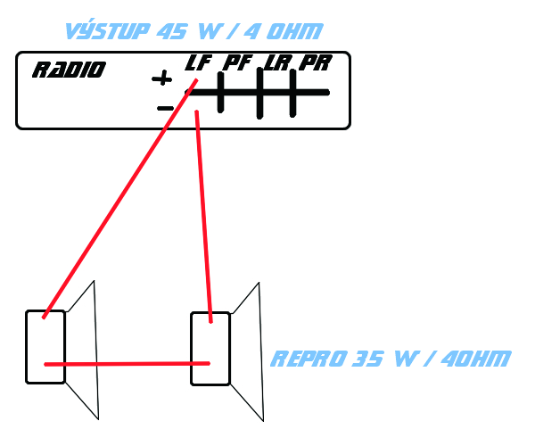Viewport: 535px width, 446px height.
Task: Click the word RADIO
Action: tap(69, 70)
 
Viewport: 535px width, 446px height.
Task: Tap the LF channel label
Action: tap(198, 63)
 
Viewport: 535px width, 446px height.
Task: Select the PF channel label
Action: tap(237, 63)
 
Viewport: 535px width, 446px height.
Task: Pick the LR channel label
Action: tap(278, 63)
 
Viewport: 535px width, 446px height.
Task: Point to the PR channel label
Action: tap(315, 63)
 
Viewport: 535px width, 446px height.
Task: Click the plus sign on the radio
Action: tap(161, 78)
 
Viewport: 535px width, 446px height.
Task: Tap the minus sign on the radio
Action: tap(165, 109)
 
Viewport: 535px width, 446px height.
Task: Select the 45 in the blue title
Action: tap(171, 31)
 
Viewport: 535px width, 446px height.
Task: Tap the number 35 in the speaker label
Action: tap(368, 359)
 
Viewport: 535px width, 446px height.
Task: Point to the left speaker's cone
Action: tap(82, 352)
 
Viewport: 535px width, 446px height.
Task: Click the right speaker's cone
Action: tap(246, 352)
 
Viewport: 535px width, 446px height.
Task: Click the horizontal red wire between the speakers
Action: tap(125, 364)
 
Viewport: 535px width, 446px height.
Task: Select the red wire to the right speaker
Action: tap(204, 214)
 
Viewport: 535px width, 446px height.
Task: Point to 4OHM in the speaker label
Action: tap(473, 359)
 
